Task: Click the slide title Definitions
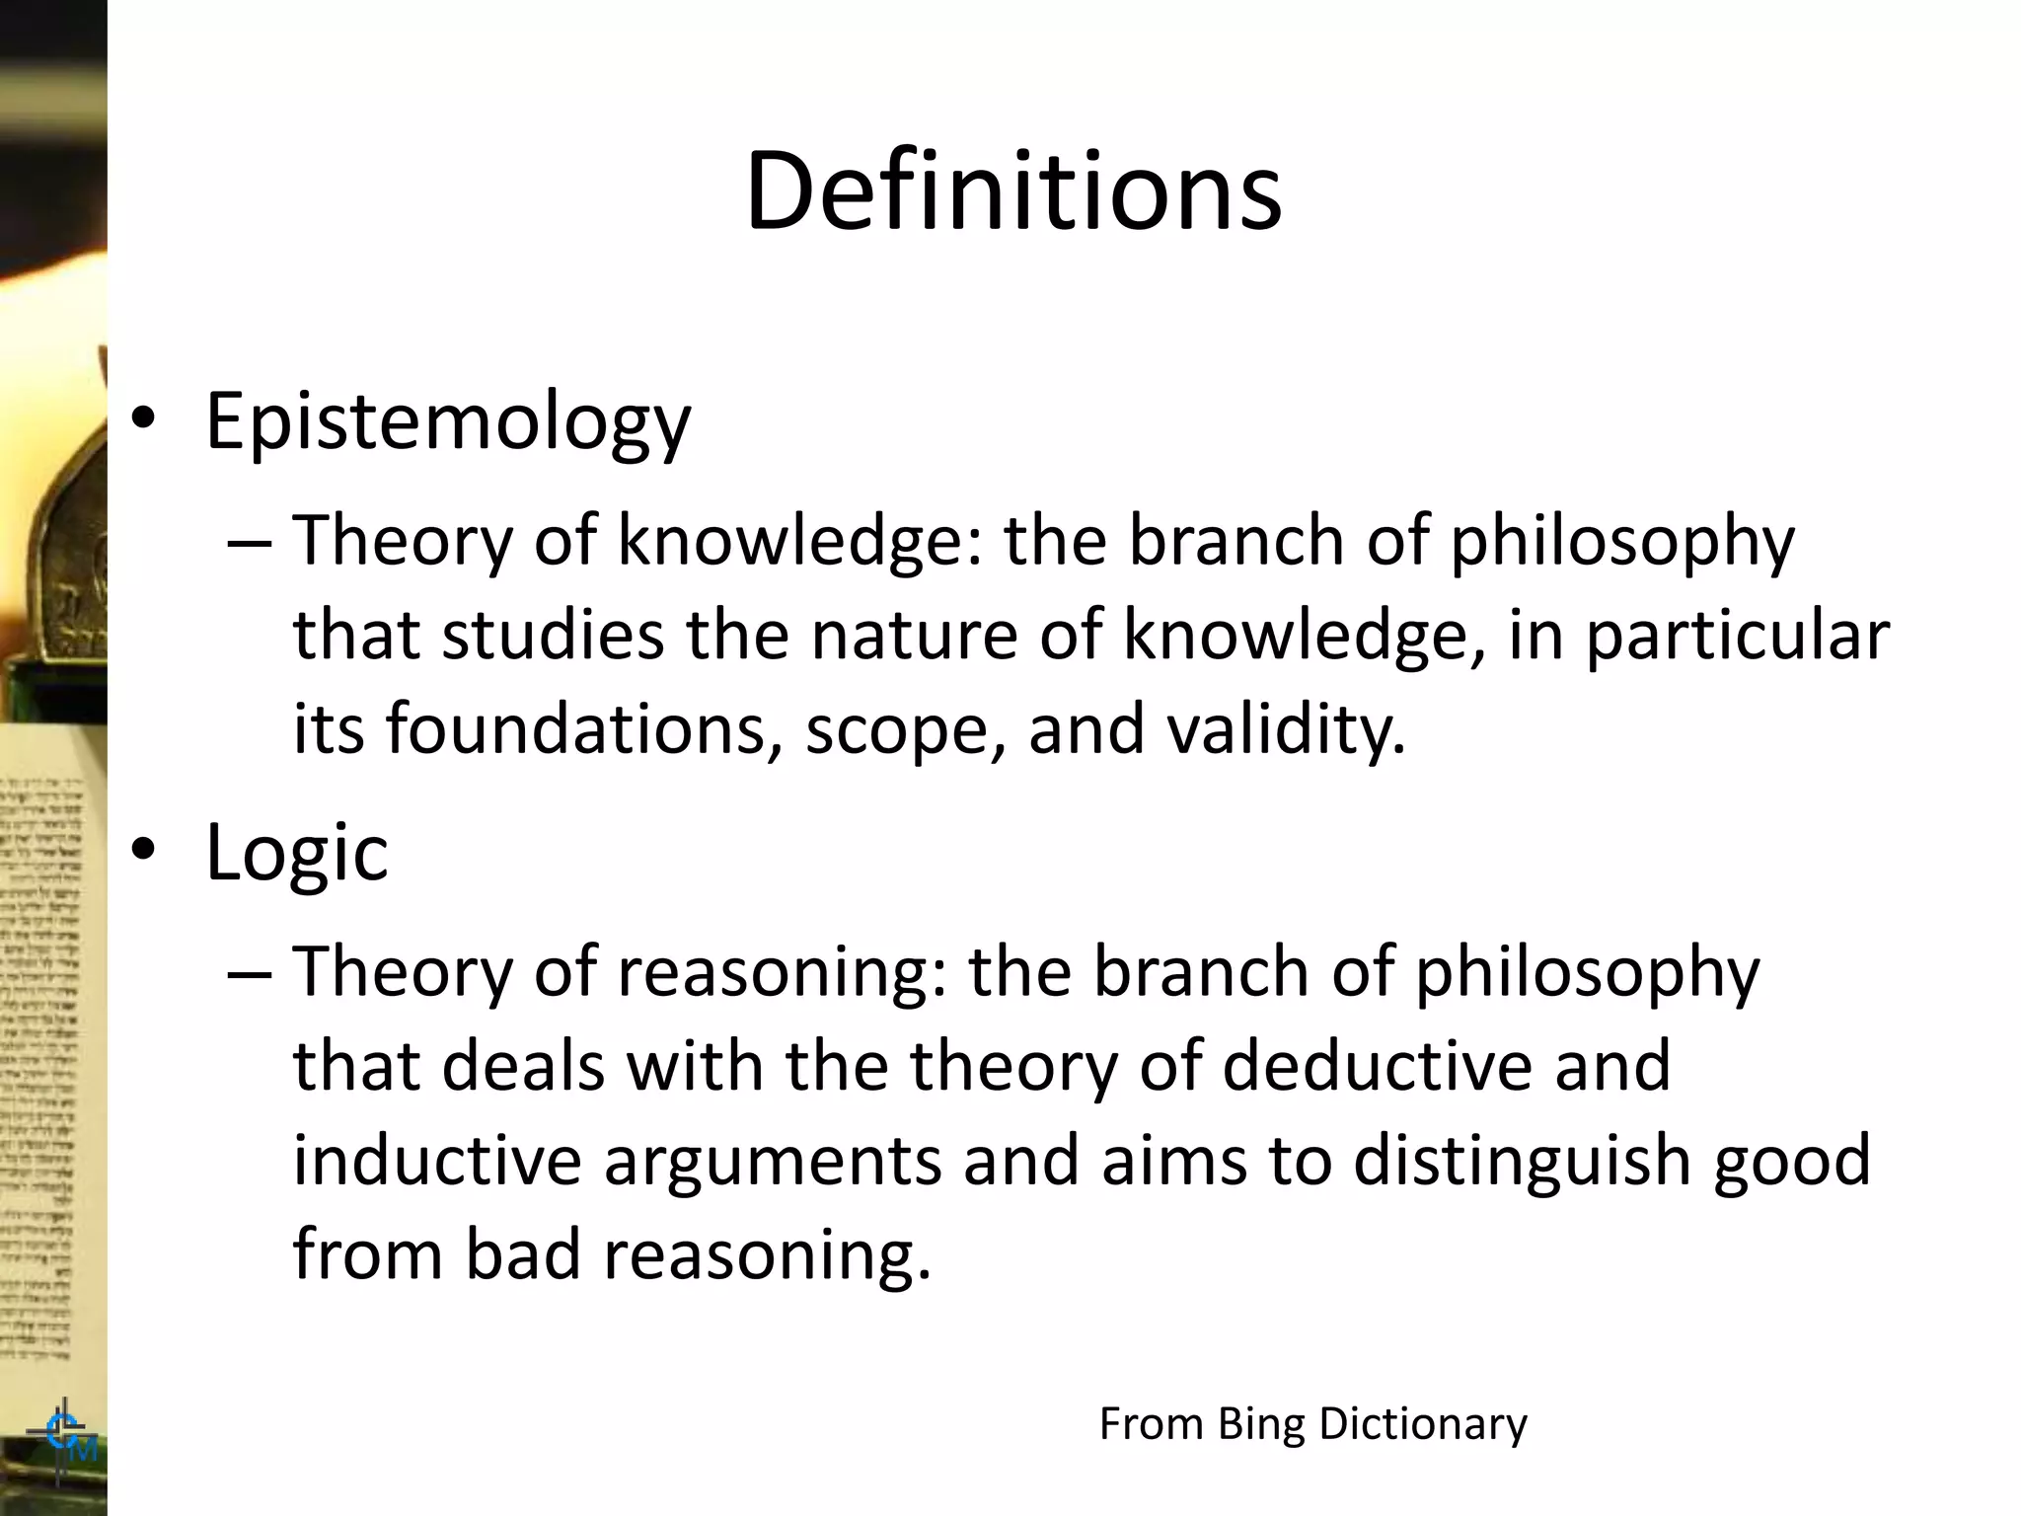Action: pos(1013,189)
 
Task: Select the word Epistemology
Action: pos(448,421)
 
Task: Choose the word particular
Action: pos(1737,637)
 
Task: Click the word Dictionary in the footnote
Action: pos(1423,1424)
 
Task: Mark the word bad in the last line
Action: pos(523,1253)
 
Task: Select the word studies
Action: pos(553,635)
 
